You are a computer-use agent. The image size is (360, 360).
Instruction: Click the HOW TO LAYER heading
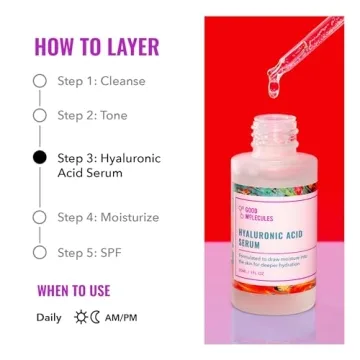tap(97, 46)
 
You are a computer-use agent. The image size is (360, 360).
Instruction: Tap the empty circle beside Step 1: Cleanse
tap(40, 80)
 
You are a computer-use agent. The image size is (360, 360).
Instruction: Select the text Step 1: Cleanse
tap(101, 80)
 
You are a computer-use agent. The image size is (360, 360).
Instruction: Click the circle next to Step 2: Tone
tap(40, 115)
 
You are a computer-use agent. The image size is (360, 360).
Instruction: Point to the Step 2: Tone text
tap(93, 115)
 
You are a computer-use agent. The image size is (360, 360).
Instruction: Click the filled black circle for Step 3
tap(40, 157)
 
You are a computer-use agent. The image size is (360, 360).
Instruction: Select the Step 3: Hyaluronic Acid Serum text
tap(108, 165)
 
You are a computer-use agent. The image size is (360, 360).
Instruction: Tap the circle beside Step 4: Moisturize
tap(40, 216)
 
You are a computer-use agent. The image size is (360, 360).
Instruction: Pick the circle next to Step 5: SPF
tap(40, 252)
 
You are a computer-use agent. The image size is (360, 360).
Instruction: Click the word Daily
tap(49, 318)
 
